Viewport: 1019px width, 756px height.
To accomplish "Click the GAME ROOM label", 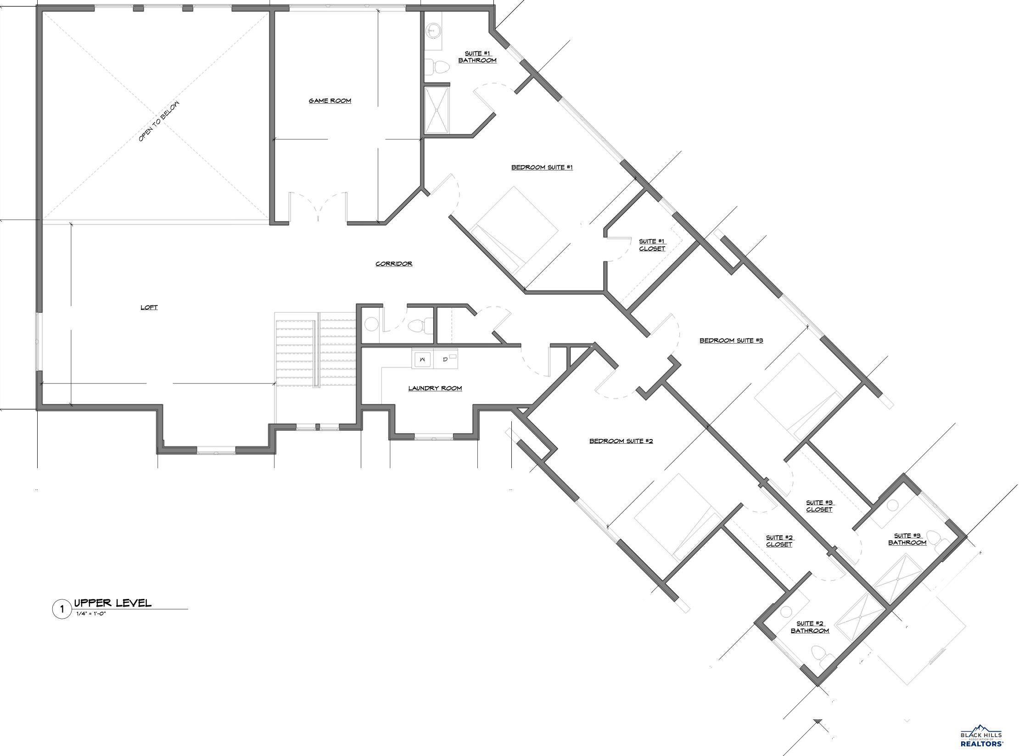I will (x=330, y=101).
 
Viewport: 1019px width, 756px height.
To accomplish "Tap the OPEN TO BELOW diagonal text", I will (x=159, y=121).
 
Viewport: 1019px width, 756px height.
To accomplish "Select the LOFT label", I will (x=149, y=307).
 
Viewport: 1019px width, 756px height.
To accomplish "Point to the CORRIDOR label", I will (x=394, y=264).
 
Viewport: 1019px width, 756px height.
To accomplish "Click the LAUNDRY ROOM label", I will (x=435, y=388).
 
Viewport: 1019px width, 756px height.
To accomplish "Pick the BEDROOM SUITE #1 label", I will (x=542, y=167).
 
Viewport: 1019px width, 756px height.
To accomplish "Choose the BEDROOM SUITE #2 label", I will (x=621, y=441).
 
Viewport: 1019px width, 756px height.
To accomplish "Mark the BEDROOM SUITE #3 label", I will (x=731, y=340).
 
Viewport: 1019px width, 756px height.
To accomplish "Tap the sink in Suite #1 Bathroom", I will (x=432, y=31).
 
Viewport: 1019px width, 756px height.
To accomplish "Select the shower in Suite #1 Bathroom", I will (x=437, y=110).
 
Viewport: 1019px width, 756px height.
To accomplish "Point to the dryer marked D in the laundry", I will (x=446, y=359).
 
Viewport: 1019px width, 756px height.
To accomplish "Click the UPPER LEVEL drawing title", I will (x=112, y=603).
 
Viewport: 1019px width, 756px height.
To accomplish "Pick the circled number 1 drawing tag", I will (x=62, y=610).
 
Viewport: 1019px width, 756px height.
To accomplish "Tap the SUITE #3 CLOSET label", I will (x=819, y=506).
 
